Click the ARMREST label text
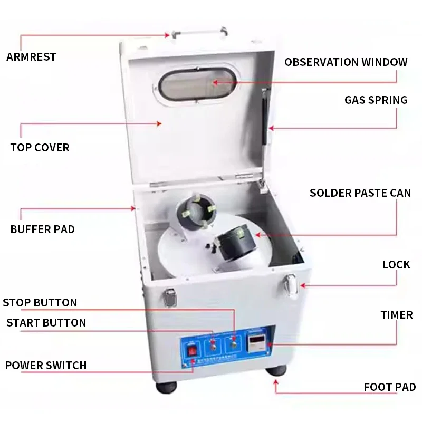point(31,57)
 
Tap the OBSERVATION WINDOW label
point(346,62)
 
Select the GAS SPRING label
point(376,100)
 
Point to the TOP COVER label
point(40,147)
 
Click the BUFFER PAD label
point(43,229)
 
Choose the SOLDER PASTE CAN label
point(360,193)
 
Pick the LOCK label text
point(396,264)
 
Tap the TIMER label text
point(397,315)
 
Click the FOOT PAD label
point(390,387)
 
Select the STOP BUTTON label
point(40,303)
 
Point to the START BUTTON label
point(46,322)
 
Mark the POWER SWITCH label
point(46,365)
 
